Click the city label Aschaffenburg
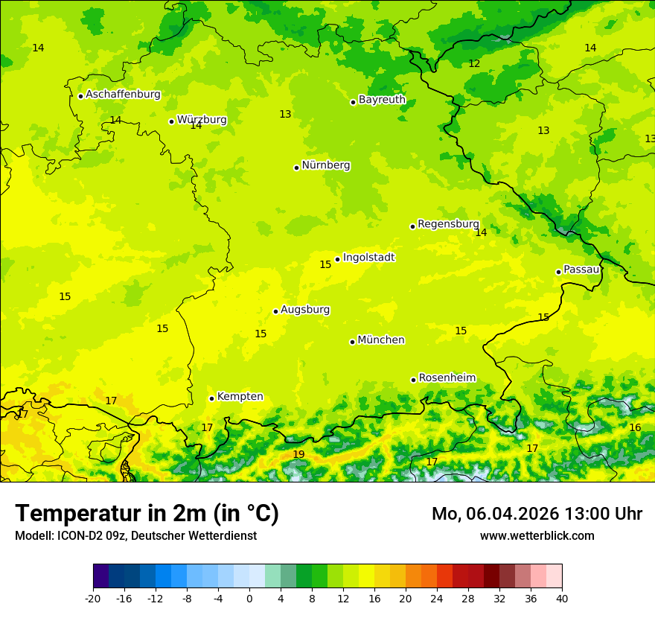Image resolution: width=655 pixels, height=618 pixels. [123, 95]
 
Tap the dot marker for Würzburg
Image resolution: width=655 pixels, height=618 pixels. [171, 121]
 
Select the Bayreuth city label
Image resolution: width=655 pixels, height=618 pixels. [382, 100]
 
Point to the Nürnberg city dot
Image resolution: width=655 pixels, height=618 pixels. [296, 168]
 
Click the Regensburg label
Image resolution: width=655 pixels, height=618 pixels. [448, 224]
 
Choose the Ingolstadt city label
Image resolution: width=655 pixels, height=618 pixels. [368, 258]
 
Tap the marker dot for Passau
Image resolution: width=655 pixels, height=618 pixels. [558, 272]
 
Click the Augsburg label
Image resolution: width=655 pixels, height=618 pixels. [305, 310]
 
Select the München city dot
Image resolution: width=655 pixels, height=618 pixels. [352, 342]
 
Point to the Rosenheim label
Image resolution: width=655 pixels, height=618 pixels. [447, 378]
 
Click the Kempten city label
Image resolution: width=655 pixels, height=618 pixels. [240, 397]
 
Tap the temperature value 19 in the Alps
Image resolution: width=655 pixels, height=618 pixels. [298, 454]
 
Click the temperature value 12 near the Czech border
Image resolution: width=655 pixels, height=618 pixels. [474, 64]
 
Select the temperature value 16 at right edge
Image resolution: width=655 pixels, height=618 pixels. [635, 427]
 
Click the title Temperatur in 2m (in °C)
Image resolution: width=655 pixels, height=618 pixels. [147, 513]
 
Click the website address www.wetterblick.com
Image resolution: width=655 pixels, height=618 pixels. [537, 536]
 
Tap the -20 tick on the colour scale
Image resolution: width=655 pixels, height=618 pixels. [93, 599]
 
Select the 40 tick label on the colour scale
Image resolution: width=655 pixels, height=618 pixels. [562, 599]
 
